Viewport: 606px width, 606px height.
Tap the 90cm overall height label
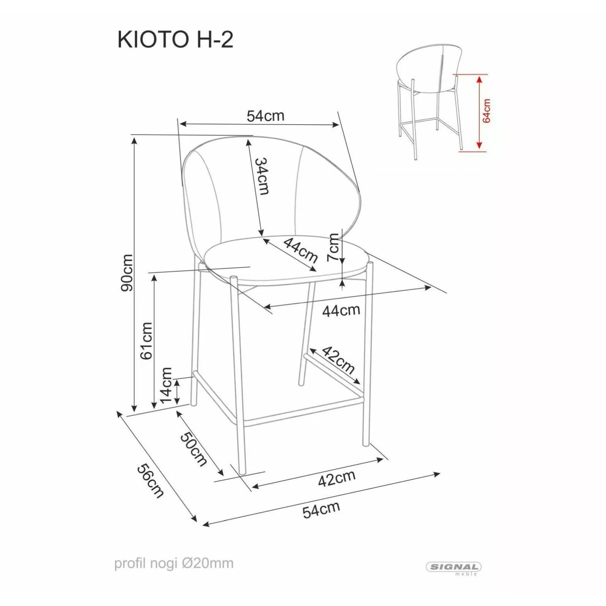[x=128, y=273]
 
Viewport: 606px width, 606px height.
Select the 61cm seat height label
[x=146, y=341]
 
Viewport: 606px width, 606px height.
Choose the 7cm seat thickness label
[x=333, y=247]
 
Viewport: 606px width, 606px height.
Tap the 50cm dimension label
[x=194, y=449]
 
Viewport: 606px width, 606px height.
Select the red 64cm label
[x=486, y=110]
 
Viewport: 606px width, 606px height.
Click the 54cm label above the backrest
[x=266, y=116]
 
